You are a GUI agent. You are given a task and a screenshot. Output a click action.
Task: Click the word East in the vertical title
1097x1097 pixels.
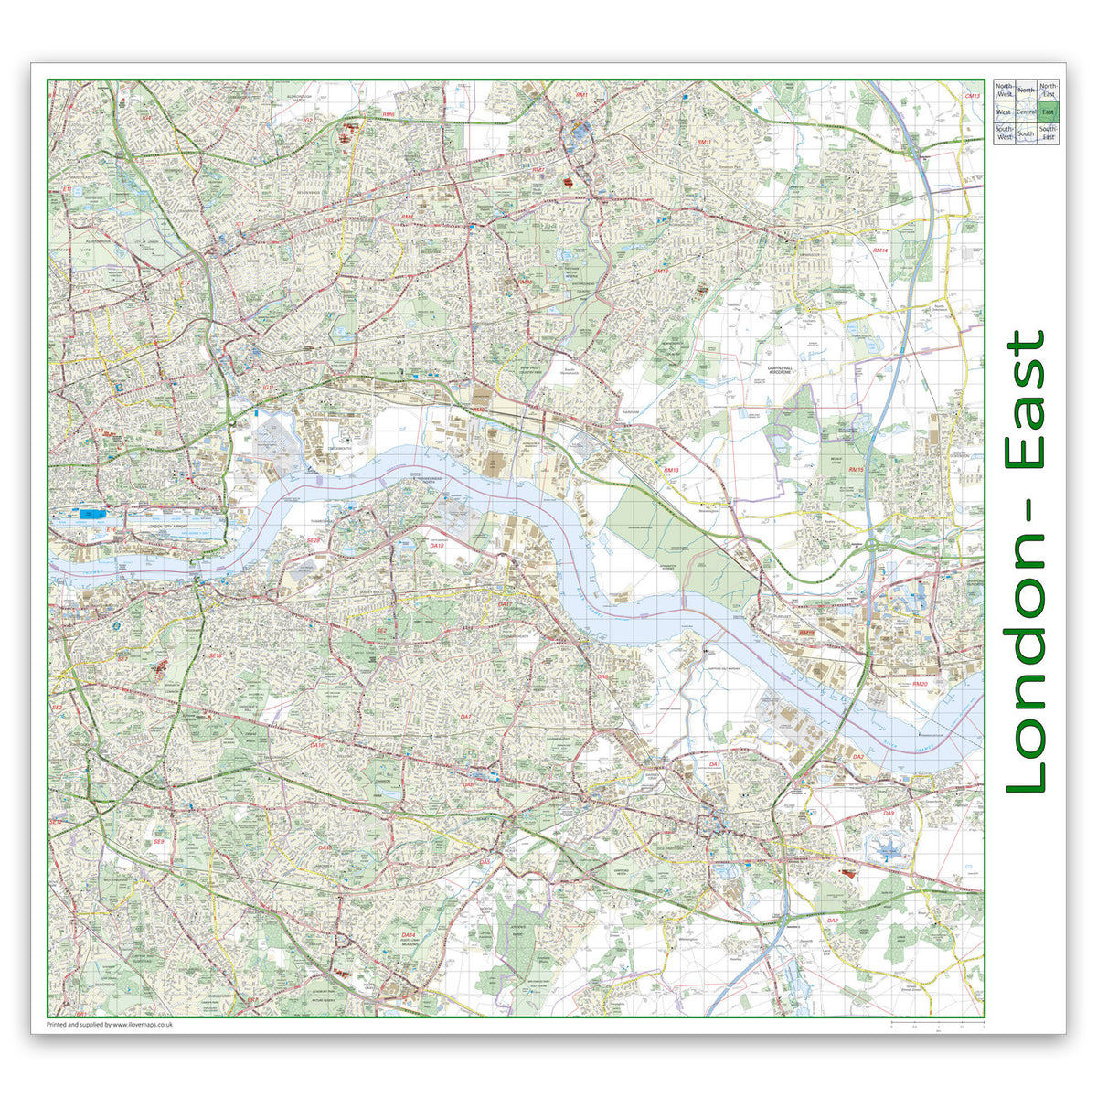coord(1026,399)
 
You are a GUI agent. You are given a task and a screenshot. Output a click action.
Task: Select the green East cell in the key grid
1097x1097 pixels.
coord(1047,112)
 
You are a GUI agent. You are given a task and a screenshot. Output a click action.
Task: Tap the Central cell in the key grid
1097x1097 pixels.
coord(1026,112)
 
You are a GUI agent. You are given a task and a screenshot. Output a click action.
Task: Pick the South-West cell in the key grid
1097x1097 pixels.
coord(1004,133)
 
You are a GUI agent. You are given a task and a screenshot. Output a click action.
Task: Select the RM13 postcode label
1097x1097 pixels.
coord(671,470)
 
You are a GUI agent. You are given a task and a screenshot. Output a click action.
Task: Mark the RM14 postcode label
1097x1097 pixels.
coord(879,250)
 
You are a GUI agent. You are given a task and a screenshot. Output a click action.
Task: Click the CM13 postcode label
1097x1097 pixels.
coord(973,96)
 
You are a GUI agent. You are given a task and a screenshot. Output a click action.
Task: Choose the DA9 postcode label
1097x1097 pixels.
coord(888,812)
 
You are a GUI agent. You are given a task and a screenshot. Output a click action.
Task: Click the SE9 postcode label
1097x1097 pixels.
coord(158,842)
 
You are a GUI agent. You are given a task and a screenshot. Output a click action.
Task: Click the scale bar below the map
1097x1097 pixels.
coord(937,1023)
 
